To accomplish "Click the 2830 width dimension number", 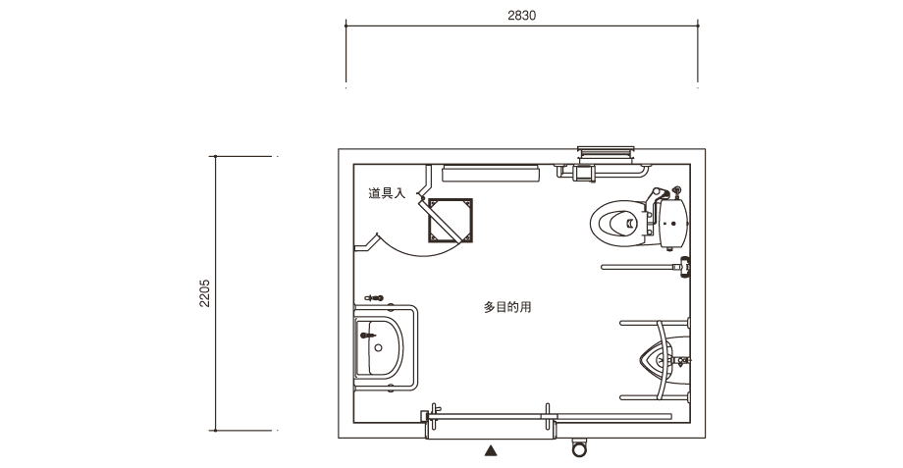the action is tap(521, 16).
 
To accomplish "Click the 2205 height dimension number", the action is tap(204, 293).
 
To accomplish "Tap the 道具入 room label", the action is tap(387, 193).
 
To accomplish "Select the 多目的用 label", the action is tap(506, 307).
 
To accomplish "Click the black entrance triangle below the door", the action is tap(491, 450).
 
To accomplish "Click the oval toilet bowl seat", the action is tap(617, 223).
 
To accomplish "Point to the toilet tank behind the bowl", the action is tap(673, 223).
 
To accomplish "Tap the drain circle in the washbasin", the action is tap(378, 347).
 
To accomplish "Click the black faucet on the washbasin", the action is tap(367, 335).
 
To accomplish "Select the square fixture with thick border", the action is tap(451, 221).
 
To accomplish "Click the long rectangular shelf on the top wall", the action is tap(491, 174).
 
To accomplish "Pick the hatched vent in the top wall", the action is tap(606, 152).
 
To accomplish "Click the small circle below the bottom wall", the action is tap(579, 448).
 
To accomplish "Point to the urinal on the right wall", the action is tap(664, 360).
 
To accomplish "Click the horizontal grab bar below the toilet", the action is tap(640, 267).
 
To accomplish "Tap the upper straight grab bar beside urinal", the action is tap(655, 323).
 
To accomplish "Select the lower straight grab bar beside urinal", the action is tap(655, 397).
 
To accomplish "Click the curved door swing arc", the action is tap(417, 248).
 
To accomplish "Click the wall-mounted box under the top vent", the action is tap(584, 173).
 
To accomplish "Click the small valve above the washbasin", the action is tap(374, 298).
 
